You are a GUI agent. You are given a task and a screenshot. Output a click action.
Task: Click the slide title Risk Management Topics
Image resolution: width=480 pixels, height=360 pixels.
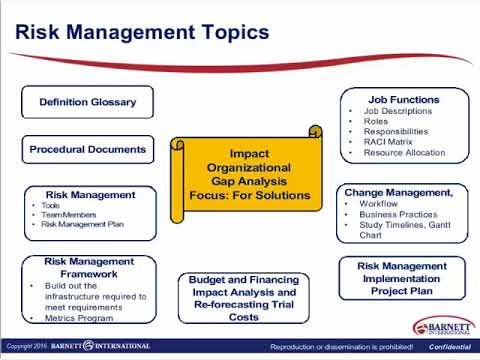141,32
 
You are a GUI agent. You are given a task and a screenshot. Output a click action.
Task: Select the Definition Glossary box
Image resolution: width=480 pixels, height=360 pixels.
87,102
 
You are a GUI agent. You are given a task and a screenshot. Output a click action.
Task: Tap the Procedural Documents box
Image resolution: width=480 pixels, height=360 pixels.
87,150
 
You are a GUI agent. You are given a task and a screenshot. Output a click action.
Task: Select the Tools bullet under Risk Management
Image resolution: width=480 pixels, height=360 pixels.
51,204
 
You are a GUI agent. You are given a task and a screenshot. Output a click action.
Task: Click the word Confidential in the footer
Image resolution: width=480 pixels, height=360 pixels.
450,346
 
